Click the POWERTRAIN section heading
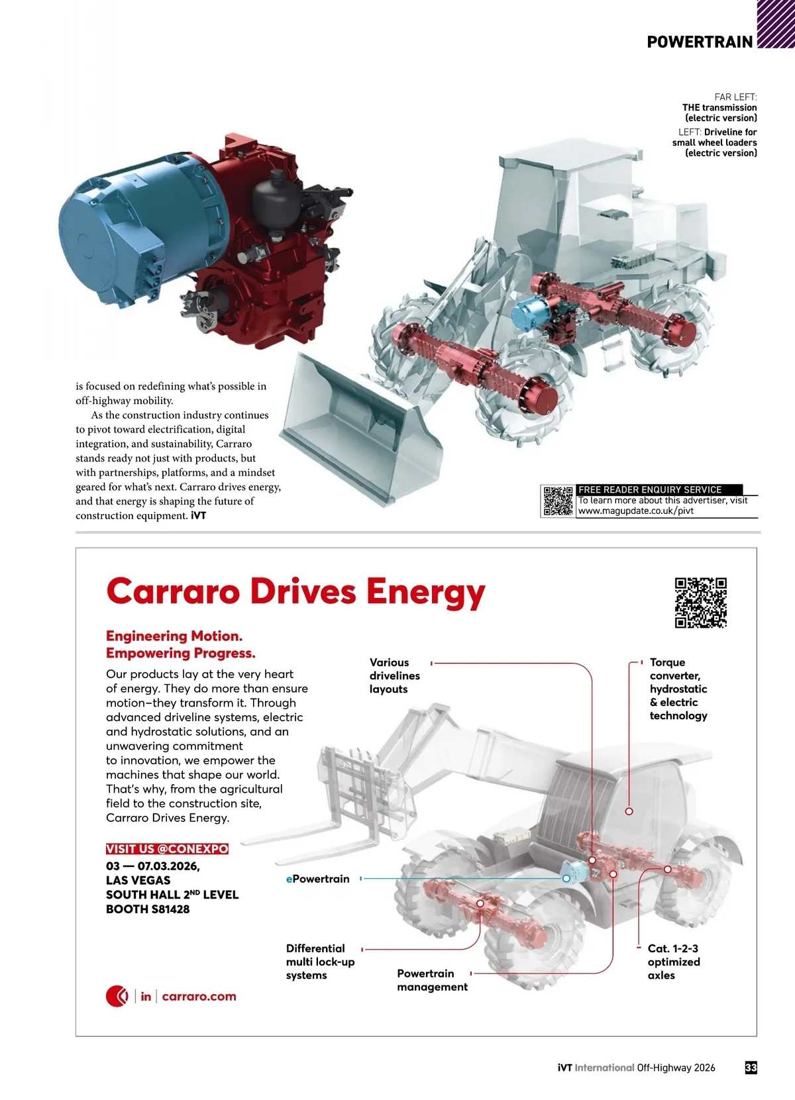click(700, 42)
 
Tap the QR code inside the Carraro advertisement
click(701, 603)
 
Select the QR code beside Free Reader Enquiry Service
click(558, 501)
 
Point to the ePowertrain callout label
click(318, 879)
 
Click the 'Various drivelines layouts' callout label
click(395, 675)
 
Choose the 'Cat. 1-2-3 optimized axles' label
click(673, 962)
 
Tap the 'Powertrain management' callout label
click(432, 980)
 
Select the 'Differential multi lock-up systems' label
click(320, 962)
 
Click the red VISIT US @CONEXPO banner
click(167, 849)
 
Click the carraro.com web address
click(199, 996)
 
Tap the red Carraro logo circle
click(117, 996)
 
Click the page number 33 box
click(751, 1068)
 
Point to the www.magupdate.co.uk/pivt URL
click(636, 511)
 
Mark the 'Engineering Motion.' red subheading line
click(174, 636)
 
